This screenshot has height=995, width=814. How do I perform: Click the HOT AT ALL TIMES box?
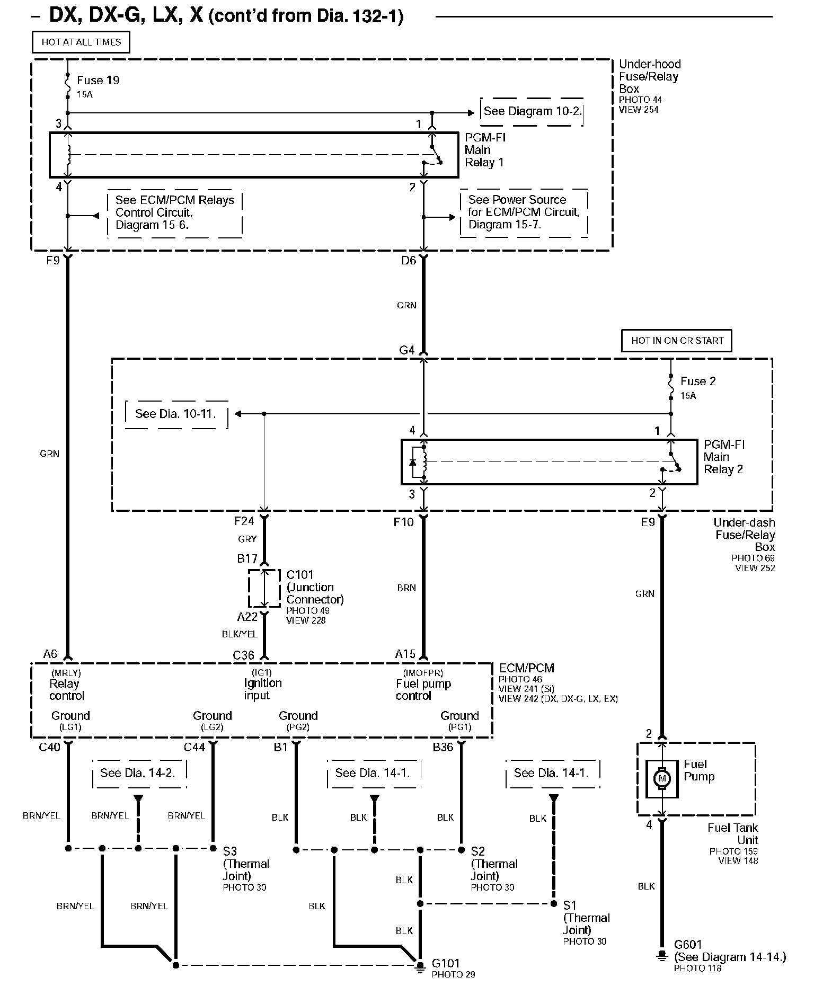(81, 42)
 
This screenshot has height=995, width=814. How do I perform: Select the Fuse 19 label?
(98, 81)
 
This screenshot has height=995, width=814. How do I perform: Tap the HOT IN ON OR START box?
(677, 341)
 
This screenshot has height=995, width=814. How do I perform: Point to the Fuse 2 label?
(698, 381)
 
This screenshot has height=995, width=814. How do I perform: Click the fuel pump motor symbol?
(661, 778)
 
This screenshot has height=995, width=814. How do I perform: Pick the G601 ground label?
(688, 944)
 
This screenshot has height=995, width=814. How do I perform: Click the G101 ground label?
(446, 963)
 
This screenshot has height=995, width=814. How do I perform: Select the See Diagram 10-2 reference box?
(532, 112)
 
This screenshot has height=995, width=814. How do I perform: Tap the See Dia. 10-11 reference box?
(176, 414)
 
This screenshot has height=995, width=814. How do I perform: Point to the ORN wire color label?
(406, 305)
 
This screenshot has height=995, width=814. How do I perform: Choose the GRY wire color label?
(247, 539)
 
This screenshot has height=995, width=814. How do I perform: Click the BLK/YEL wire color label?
(240, 634)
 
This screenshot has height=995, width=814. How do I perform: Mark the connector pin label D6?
(409, 260)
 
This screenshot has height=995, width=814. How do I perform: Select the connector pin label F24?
(244, 521)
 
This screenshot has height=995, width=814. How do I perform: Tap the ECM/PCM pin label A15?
(405, 654)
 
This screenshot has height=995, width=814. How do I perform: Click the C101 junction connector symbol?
(264, 588)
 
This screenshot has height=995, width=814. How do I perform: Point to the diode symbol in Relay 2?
(413, 462)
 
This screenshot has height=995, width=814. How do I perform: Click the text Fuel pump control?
(423, 690)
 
